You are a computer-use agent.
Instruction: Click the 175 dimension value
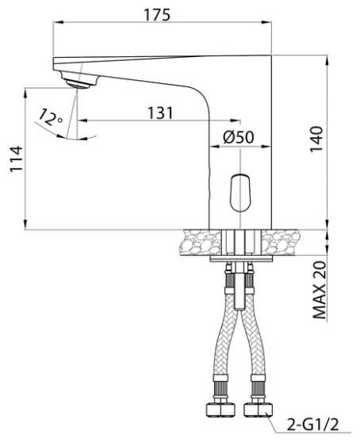tap(158, 15)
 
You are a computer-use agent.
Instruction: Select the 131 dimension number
tap(160, 113)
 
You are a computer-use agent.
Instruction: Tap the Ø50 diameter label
tap(239, 137)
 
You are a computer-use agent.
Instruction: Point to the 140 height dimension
tap(316, 139)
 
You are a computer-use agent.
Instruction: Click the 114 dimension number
tap(16, 158)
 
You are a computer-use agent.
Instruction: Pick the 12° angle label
tap(50, 117)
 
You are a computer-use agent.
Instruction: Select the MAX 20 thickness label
tap(320, 290)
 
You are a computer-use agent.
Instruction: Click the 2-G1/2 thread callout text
tap(312, 425)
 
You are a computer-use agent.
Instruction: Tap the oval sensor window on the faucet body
tap(240, 192)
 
